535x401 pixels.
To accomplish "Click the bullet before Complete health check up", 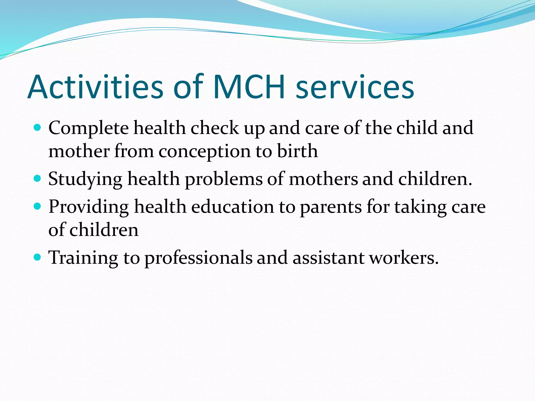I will [38, 128].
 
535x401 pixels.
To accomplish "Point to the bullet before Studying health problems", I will [38, 179].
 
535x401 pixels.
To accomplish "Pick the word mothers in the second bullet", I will [323, 179].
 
